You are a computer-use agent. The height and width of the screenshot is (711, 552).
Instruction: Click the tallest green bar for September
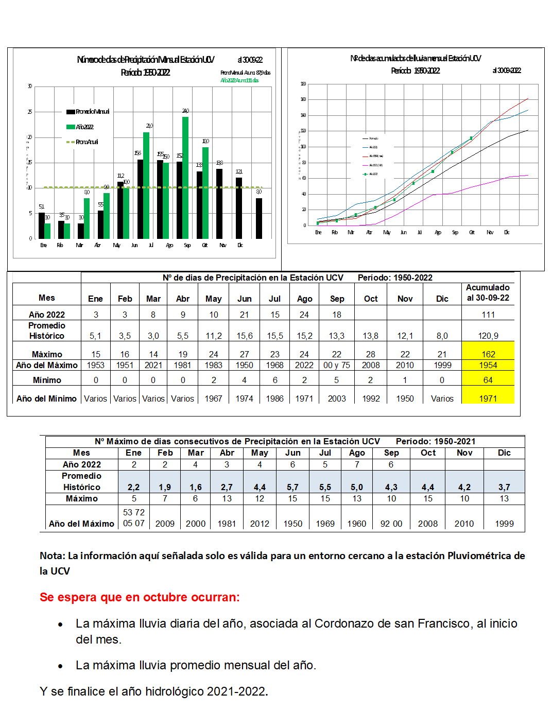coord(185,178)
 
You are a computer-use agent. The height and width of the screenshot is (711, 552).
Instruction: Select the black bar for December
coord(259,218)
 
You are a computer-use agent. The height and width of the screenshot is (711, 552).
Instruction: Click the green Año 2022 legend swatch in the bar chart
coord(71,127)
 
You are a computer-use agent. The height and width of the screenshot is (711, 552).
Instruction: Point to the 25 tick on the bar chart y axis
coord(30,112)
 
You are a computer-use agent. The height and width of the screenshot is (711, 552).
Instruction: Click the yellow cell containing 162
coord(488,354)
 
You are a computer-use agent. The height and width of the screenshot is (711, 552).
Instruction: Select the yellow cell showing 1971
coord(488,398)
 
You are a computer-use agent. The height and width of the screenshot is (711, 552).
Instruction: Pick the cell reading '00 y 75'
coord(337,365)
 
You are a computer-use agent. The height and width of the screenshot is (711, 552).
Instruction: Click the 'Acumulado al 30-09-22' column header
coord(488,292)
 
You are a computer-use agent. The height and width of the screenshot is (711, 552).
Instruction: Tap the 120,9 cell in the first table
coord(488,336)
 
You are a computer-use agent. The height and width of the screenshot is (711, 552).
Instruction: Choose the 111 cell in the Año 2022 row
coord(488,315)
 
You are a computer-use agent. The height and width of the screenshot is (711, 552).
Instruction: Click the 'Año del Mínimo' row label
coord(46,398)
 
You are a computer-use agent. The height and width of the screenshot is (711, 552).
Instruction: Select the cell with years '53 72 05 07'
coord(134,518)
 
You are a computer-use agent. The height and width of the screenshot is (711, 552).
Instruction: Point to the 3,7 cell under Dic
coord(504,487)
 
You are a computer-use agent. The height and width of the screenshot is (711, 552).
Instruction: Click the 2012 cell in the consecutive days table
coord(260,524)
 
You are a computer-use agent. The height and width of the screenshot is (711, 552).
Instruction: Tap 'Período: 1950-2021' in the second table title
coord(436,441)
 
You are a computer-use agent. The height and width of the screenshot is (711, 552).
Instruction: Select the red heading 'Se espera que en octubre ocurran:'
coord(140,597)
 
